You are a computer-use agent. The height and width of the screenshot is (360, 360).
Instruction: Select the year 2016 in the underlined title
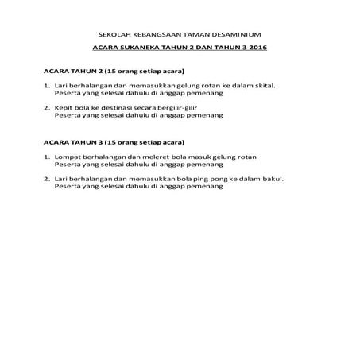click(254, 49)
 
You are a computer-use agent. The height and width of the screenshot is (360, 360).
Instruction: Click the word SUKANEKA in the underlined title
click(152, 49)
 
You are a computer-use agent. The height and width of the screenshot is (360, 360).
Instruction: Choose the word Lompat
click(68, 157)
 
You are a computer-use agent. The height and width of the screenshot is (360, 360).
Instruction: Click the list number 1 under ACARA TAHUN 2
click(46, 86)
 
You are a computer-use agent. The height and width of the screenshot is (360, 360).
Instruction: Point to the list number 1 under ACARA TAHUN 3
click(46, 157)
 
